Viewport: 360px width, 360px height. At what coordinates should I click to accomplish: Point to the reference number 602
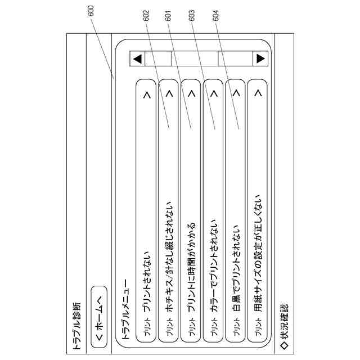147,18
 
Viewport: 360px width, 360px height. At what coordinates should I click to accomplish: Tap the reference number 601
168,18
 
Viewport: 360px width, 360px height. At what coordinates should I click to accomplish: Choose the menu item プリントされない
147,280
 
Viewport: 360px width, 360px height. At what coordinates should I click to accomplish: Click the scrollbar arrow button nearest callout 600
137,58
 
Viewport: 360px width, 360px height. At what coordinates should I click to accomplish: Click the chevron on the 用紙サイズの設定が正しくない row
258,94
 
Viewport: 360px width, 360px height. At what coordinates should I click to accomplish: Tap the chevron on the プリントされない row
147,94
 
